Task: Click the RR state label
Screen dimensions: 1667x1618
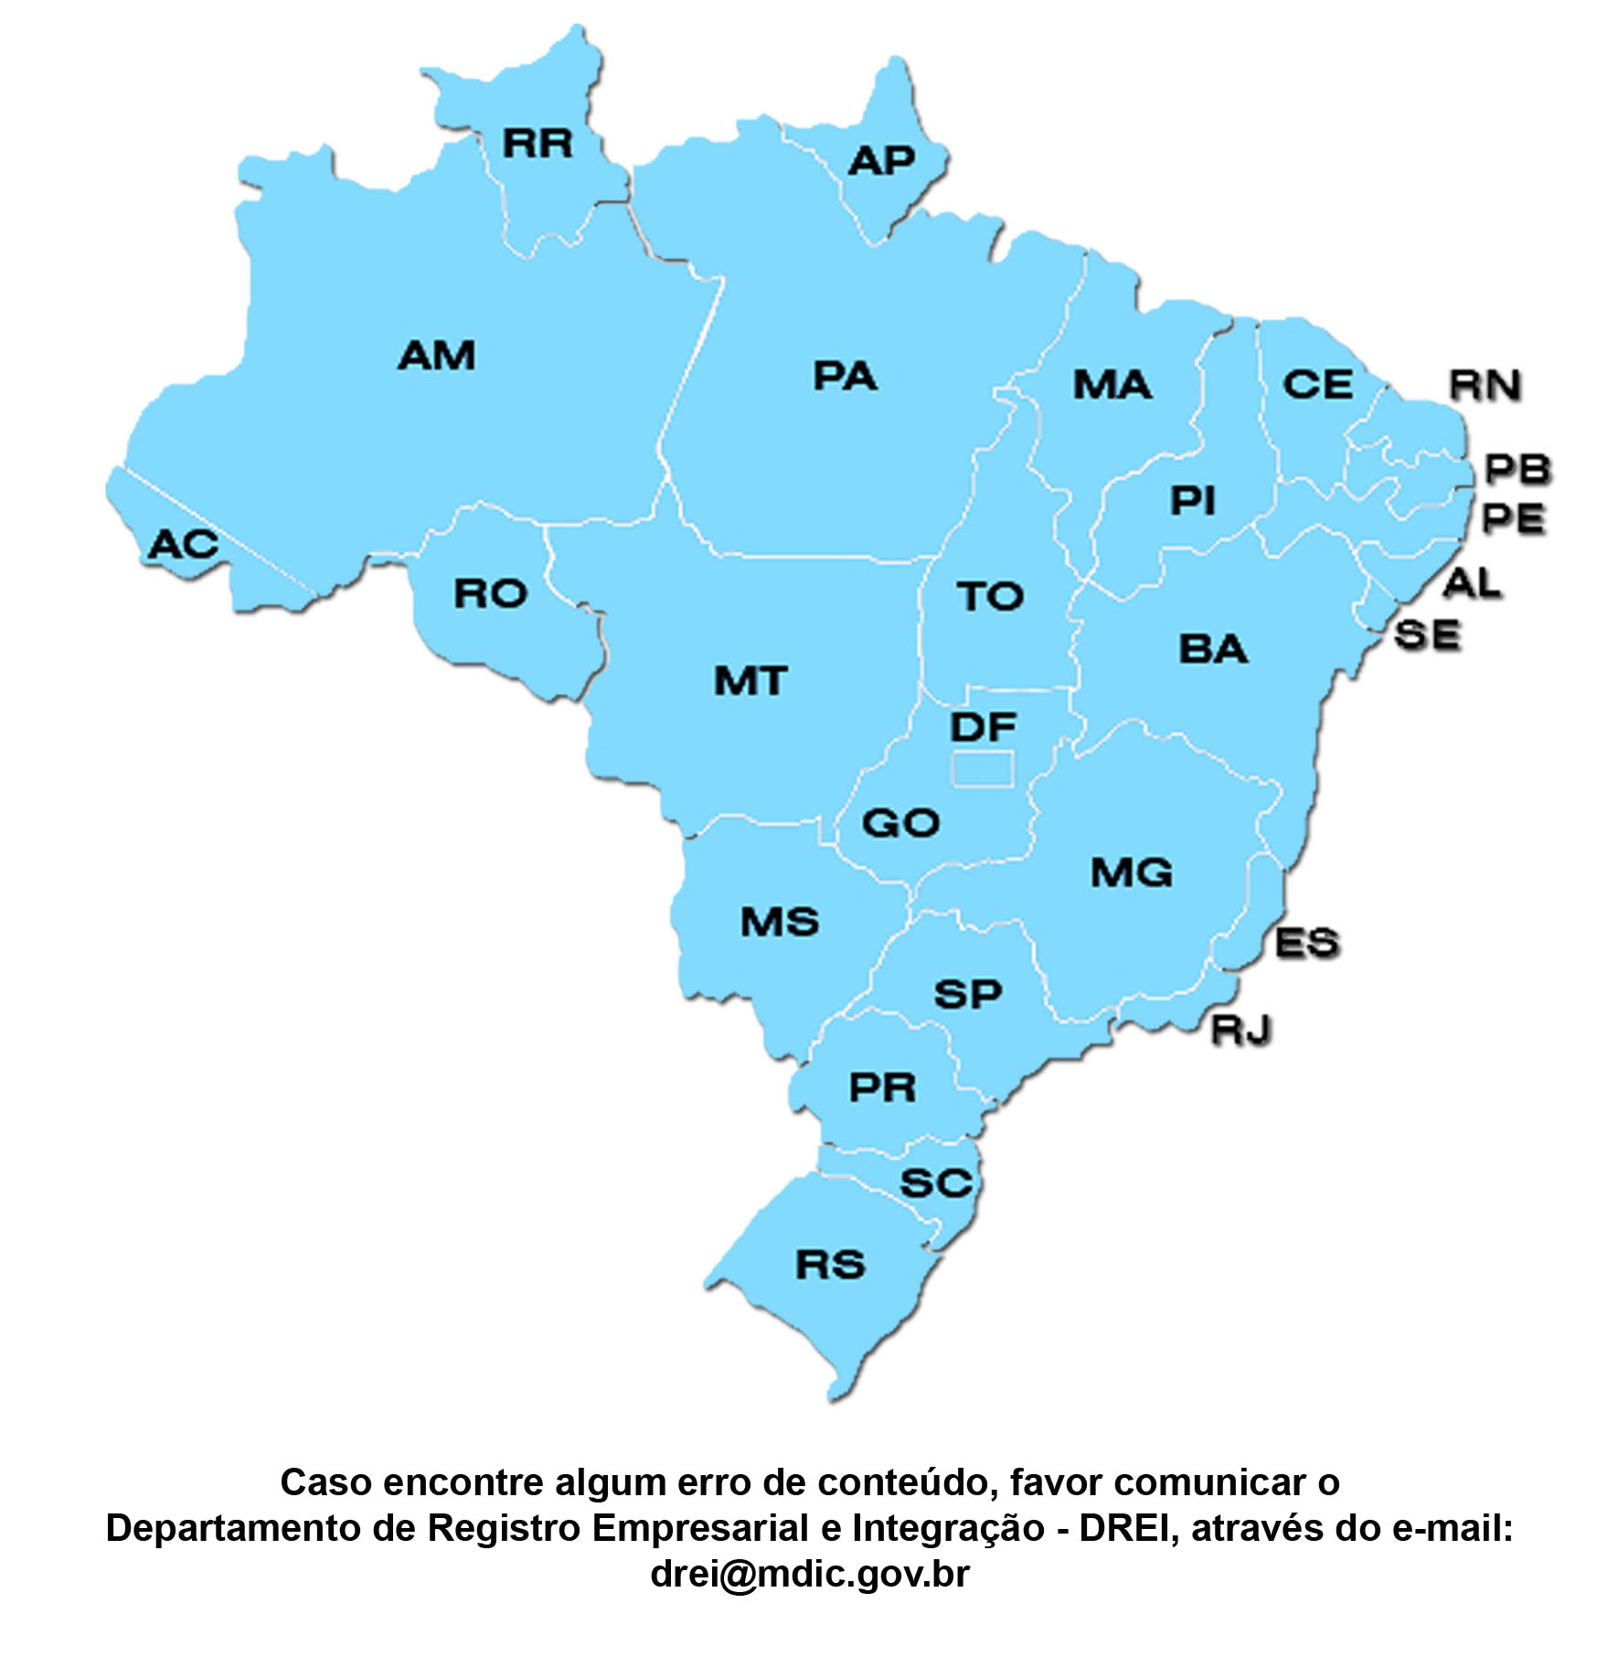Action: point(538,143)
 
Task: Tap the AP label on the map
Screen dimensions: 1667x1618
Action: point(881,162)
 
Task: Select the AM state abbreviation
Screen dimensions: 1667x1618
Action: point(437,356)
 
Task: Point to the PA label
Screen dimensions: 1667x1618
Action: point(845,377)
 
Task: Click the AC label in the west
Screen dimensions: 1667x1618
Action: point(183,545)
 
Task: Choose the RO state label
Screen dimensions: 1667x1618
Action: point(491,594)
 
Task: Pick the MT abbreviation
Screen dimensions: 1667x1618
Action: point(750,681)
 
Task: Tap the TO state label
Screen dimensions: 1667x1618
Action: point(991,597)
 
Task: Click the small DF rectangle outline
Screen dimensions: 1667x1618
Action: point(983,769)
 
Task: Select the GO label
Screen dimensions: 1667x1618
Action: point(900,823)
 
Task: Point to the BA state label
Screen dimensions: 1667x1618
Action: point(1213,650)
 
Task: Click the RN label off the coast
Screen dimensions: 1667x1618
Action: point(1485,386)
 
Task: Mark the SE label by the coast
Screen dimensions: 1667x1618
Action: point(1428,635)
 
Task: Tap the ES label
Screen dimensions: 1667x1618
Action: point(1307,943)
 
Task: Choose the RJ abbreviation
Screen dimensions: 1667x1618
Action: point(1241,1030)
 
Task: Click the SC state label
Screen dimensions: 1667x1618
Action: point(935,1184)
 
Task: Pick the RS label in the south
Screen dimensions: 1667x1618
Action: point(830,1265)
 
